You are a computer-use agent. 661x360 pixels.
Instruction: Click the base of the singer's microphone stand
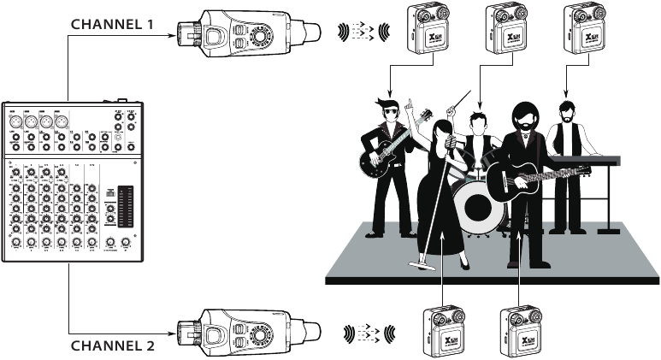423,266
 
